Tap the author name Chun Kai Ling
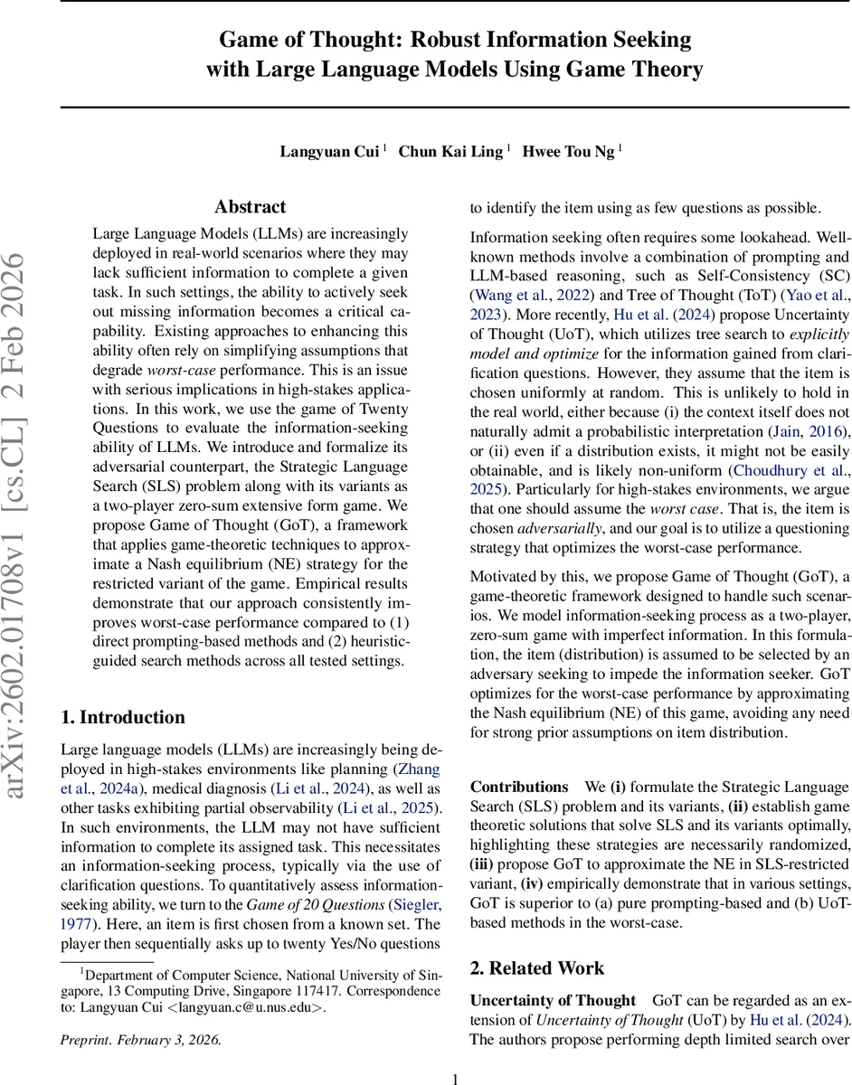click(450, 152)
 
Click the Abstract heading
click(250, 207)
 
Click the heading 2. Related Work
click(537, 968)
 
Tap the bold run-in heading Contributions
click(518, 787)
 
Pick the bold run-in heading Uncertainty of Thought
click(553, 1000)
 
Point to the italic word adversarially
click(552, 529)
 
